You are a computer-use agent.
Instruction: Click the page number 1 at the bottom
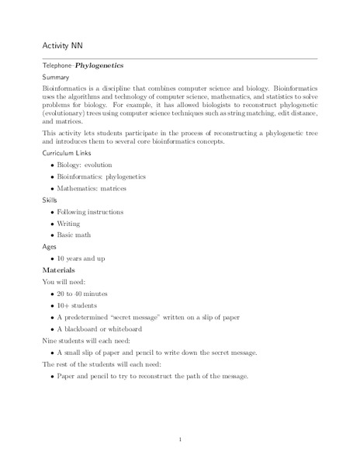point(180,440)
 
